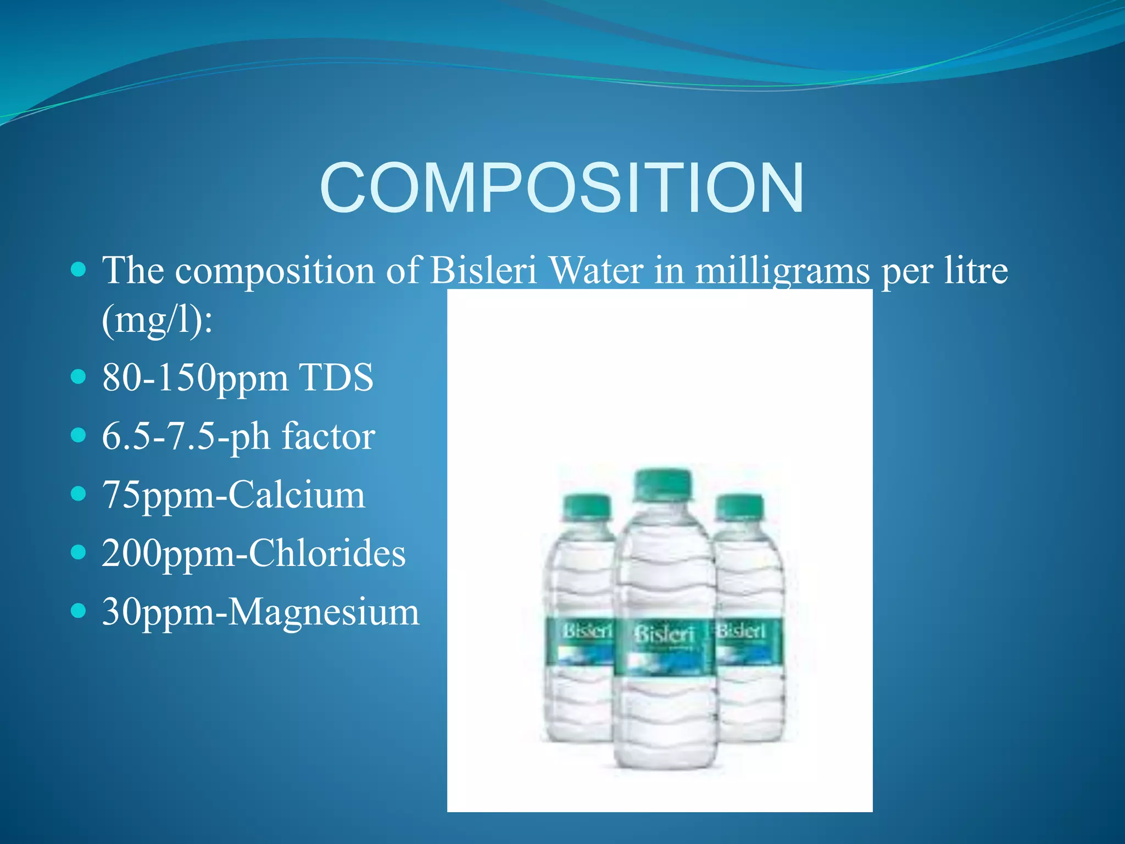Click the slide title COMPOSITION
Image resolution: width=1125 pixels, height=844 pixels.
coord(561,188)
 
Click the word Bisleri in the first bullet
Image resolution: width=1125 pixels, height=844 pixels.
coord(483,271)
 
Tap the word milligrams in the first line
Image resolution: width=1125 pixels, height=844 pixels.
coord(782,271)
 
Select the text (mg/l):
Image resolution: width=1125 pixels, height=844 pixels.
coord(157,320)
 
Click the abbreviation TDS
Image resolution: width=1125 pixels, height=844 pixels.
coord(336,378)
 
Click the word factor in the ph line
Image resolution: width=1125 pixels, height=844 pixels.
coord(328,437)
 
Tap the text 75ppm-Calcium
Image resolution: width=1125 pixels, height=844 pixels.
coord(233,495)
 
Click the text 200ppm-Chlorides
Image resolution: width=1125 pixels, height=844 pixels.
coord(254,553)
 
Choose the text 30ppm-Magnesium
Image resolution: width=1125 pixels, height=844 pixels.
coord(260,612)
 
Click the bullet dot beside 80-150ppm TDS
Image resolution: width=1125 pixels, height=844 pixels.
coord(79,377)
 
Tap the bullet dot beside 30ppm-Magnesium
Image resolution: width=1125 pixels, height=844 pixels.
coord(79,610)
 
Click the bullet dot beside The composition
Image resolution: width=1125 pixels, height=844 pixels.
coord(79,269)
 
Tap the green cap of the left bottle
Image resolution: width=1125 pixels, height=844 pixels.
coord(587,506)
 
